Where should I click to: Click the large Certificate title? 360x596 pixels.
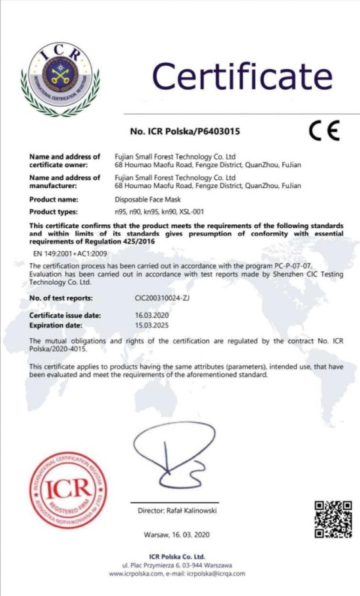242,76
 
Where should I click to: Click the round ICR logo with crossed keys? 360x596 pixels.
60,79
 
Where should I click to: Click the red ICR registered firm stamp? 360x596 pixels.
67,490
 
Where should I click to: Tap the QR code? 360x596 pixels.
332,519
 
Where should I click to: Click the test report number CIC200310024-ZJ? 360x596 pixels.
161,298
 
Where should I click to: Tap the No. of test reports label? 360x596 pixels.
61,298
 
